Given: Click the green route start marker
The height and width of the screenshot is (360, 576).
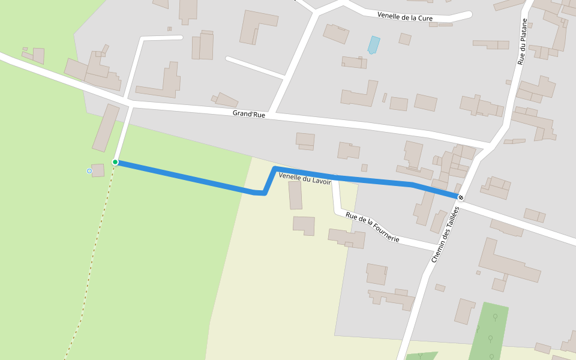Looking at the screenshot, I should click(115, 162).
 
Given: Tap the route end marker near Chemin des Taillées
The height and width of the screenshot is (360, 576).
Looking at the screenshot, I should click(460, 197).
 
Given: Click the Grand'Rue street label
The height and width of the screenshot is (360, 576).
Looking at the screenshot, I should click(249, 114).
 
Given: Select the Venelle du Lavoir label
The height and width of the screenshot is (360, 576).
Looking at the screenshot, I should click(305, 178).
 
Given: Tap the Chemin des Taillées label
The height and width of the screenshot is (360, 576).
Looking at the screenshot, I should click(445, 234).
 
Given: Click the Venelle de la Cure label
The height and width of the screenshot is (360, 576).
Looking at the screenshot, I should click(405, 17).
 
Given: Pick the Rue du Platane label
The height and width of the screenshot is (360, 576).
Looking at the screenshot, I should click(523, 41).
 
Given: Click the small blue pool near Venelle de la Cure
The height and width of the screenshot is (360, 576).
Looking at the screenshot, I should click(374, 45).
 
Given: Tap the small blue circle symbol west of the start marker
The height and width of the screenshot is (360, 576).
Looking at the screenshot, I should click(89, 171).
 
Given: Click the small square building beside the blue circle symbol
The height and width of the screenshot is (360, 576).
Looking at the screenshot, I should click(98, 170).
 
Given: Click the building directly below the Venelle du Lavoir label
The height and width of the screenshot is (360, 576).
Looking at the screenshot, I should click(295, 195).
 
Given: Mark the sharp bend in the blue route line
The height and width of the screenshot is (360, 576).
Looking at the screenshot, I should click(264, 193).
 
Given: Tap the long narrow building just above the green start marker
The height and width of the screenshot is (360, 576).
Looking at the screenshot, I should click(106, 127).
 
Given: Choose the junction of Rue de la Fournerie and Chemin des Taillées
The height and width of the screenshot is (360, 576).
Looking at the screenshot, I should click(437, 248).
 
